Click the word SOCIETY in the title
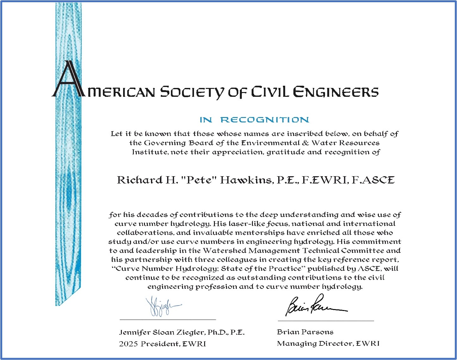192,92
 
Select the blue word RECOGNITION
265,120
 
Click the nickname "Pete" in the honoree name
198,180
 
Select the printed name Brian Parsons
305,332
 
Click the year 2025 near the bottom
128,344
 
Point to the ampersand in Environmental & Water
305,143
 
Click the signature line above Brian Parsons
326,321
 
